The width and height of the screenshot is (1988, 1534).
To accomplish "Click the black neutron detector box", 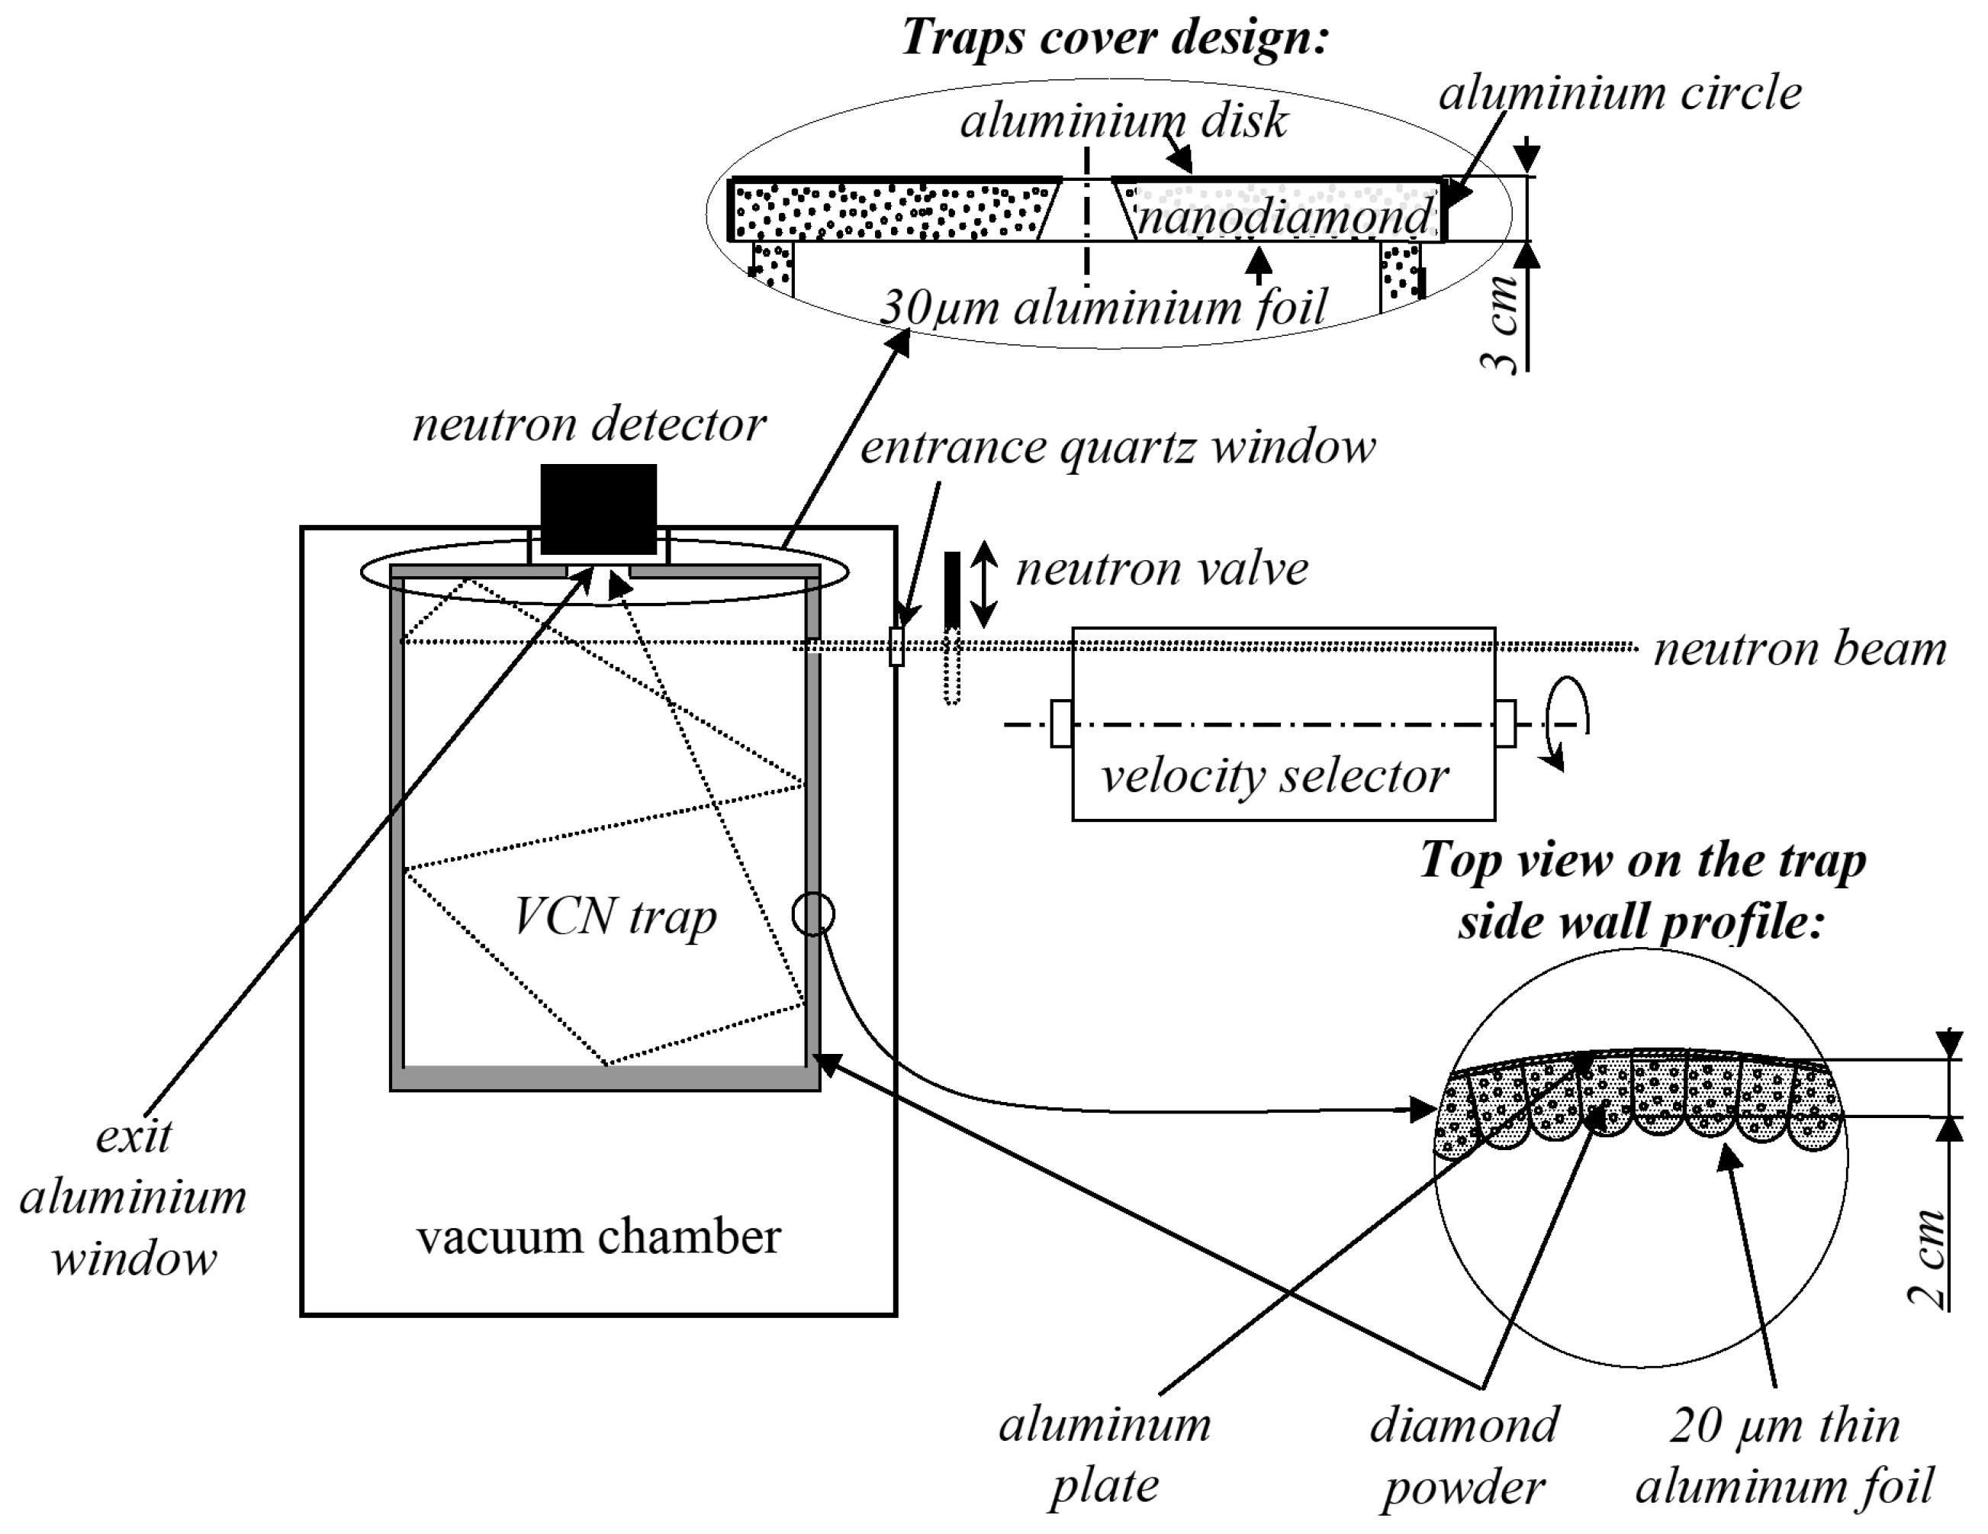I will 598,509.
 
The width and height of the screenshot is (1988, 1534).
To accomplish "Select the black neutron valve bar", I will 952,589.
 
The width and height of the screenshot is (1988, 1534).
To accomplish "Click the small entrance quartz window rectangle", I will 896,646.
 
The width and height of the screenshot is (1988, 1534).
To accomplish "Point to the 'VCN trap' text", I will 616,916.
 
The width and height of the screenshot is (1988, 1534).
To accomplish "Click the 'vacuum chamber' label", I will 598,1236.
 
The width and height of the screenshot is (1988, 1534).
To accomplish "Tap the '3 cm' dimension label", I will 1500,323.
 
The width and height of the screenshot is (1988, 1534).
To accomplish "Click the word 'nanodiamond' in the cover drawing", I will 1283,217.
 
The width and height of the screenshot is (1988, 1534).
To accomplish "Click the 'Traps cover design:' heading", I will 1115,38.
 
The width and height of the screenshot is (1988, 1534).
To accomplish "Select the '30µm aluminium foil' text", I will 1103,308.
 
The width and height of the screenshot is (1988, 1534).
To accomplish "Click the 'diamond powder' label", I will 1464,1455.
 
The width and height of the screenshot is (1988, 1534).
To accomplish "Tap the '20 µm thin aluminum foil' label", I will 1784,1455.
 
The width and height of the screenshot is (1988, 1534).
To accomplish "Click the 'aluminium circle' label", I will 1620,93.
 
